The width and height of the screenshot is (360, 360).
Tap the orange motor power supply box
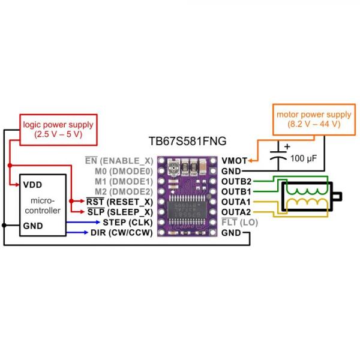point(305,119)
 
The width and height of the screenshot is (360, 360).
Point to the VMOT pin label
point(233,160)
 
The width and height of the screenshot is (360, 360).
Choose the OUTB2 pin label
point(236,181)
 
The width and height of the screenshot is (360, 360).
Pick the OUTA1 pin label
point(236,202)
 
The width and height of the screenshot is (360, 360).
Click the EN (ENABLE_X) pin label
point(119,161)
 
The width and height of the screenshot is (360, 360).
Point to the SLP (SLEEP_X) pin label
point(120,212)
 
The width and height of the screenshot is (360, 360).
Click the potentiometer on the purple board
point(173,167)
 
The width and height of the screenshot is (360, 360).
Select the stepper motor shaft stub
point(338,196)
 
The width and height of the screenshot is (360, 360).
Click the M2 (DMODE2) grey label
point(124,191)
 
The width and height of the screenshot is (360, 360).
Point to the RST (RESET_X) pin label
point(119,202)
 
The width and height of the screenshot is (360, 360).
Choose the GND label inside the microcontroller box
point(33,226)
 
